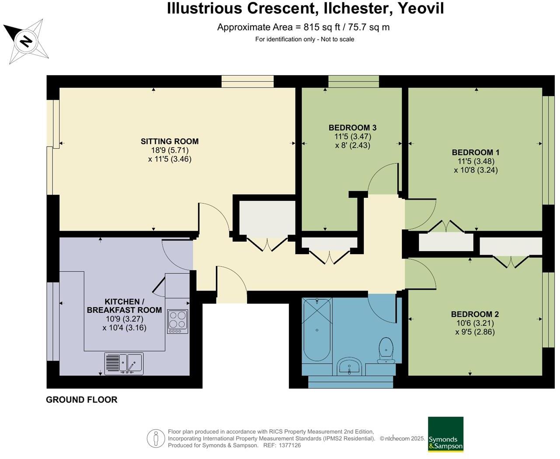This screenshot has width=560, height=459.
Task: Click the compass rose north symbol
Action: [x=26, y=41]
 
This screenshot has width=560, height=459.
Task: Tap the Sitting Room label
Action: [x=170, y=141]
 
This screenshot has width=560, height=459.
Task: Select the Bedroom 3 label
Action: [x=352, y=128]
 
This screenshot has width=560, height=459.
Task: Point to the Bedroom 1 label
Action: [x=476, y=153]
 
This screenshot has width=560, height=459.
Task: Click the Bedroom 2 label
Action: [x=475, y=315]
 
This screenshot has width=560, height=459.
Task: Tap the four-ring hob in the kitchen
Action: [x=177, y=321]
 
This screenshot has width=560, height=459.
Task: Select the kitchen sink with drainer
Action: [x=124, y=364]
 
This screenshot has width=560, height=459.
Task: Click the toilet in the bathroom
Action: [x=386, y=350]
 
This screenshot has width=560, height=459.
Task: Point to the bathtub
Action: [x=317, y=329]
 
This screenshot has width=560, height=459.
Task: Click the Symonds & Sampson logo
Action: [x=445, y=434]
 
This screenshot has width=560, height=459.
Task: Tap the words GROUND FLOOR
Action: [x=81, y=400]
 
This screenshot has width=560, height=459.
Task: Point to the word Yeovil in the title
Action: [x=421, y=8]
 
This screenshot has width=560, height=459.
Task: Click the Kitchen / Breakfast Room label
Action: [x=124, y=306]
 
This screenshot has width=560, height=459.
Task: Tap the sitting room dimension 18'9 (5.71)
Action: [x=170, y=151]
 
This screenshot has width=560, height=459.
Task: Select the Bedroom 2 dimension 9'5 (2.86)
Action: [x=475, y=332]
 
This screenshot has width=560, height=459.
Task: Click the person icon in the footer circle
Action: [x=156, y=438]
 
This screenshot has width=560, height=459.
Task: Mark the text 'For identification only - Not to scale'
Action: [x=305, y=39]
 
